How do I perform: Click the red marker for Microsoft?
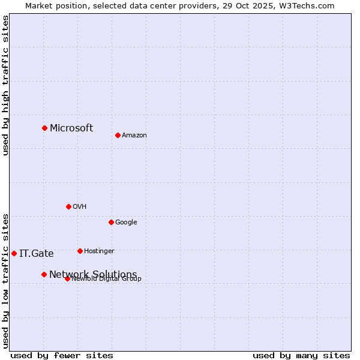point(44,128)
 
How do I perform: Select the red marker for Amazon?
point(118,135)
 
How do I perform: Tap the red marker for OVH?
point(68,206)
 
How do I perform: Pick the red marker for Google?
point(111,222)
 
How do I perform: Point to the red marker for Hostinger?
point(80,251)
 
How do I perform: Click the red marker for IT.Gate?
point(14,253)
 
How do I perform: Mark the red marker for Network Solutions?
point(44,274)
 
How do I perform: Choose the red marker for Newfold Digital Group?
point(67,278)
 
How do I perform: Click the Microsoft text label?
point(71,128)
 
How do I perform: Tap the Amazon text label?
point(134,136)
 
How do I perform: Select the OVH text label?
point(80,207)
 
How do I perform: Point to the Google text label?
point(126,223)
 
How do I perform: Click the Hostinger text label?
point(99,251)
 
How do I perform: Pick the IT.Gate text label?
point(37,253)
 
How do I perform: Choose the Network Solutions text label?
point(93,274)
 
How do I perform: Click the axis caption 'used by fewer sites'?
point(62,355)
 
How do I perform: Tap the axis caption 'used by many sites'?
point(301,355)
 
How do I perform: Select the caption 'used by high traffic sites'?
point(6,85)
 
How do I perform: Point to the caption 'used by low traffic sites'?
point(6,280)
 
